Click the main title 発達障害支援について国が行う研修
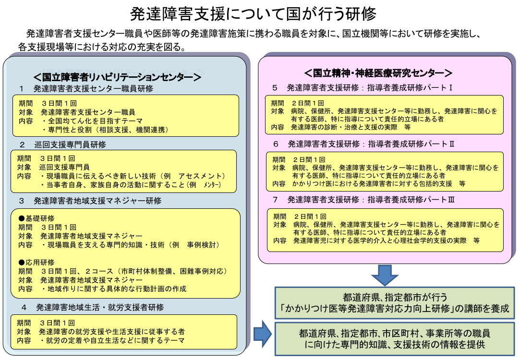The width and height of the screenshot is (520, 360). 260,13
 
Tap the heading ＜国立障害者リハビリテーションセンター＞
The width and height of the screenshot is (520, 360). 117,76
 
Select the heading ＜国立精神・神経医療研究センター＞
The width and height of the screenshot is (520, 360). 378,73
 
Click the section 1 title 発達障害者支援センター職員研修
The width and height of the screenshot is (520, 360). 93,89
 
